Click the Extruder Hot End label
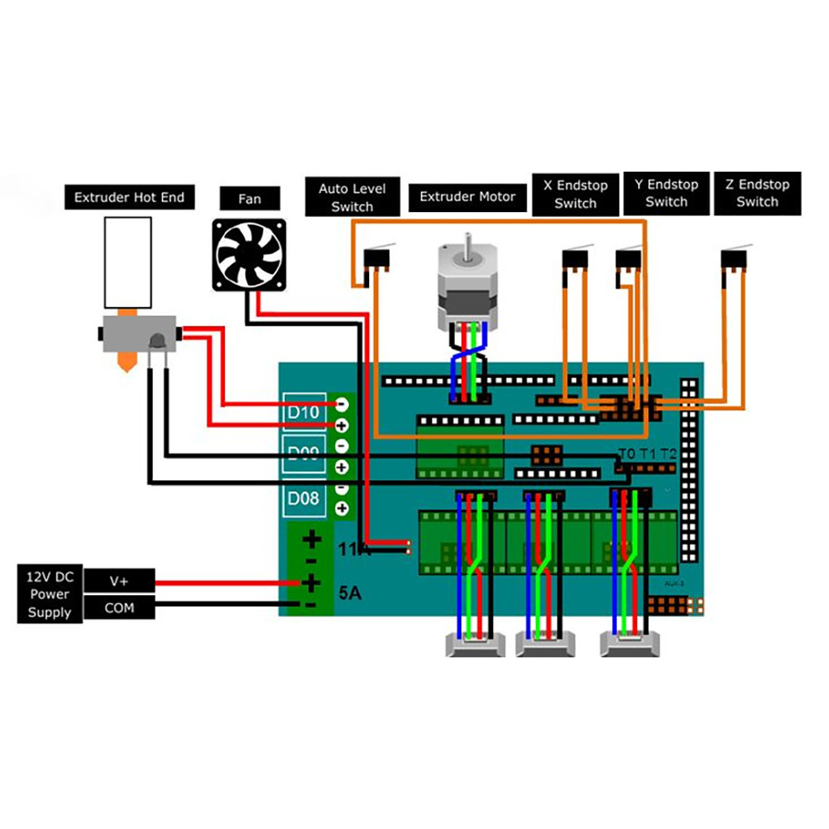point(130,197)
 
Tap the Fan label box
point(249,198)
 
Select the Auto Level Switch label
point(352,198)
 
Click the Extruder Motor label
point(467,196)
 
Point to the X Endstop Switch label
point(575,194)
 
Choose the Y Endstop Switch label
point(666,193)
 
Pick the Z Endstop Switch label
point(757,193)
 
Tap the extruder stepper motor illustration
point(463,283)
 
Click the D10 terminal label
point(304,412)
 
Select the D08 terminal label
point(304,499)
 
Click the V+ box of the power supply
point(119,581)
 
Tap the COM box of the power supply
point(119,607)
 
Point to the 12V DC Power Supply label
point(49,594)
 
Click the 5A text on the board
point(350,593)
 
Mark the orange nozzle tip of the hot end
point(125,361)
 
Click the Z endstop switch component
point(732,261)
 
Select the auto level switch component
point(377,260)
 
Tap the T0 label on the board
point(627,453)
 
